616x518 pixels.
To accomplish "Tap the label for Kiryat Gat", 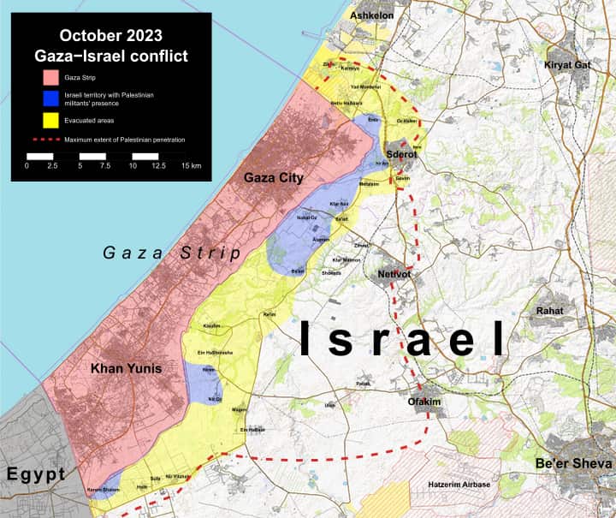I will pos(574,65).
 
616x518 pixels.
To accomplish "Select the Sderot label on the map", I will pos(401,155).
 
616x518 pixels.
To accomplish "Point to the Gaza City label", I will pos(274,177).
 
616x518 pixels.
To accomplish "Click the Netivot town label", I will pos(396,275).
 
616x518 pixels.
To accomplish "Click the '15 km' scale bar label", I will pos(191,165).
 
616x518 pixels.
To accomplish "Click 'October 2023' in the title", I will pos(110,36).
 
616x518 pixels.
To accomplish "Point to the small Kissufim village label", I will pos(212,326).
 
